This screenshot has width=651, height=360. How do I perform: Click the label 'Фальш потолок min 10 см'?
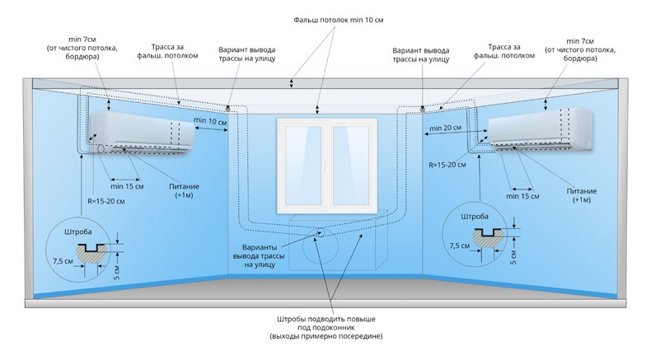339,20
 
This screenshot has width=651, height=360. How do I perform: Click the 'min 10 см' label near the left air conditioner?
210,121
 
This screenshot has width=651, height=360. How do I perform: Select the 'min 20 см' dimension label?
447,128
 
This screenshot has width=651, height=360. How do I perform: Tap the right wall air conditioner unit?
540,129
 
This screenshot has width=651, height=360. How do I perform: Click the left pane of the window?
303,166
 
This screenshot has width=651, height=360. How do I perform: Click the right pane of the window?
351,166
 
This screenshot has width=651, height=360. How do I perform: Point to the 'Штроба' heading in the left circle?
78,231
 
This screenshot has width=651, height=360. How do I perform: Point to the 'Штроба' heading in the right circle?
475,217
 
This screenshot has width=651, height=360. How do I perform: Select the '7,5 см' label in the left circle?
63,261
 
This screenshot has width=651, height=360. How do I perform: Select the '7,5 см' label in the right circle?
460,245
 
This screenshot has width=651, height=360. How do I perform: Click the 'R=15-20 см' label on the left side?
106,201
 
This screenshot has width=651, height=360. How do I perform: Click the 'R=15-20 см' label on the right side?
447,165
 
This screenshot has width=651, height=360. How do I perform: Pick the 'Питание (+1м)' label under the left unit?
185,190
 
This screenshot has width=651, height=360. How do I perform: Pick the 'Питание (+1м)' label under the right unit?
582,195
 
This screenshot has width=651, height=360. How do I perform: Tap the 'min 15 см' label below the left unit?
127,186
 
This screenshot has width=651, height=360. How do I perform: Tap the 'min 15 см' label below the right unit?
522,196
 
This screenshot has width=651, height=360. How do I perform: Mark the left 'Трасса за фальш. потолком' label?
168,51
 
